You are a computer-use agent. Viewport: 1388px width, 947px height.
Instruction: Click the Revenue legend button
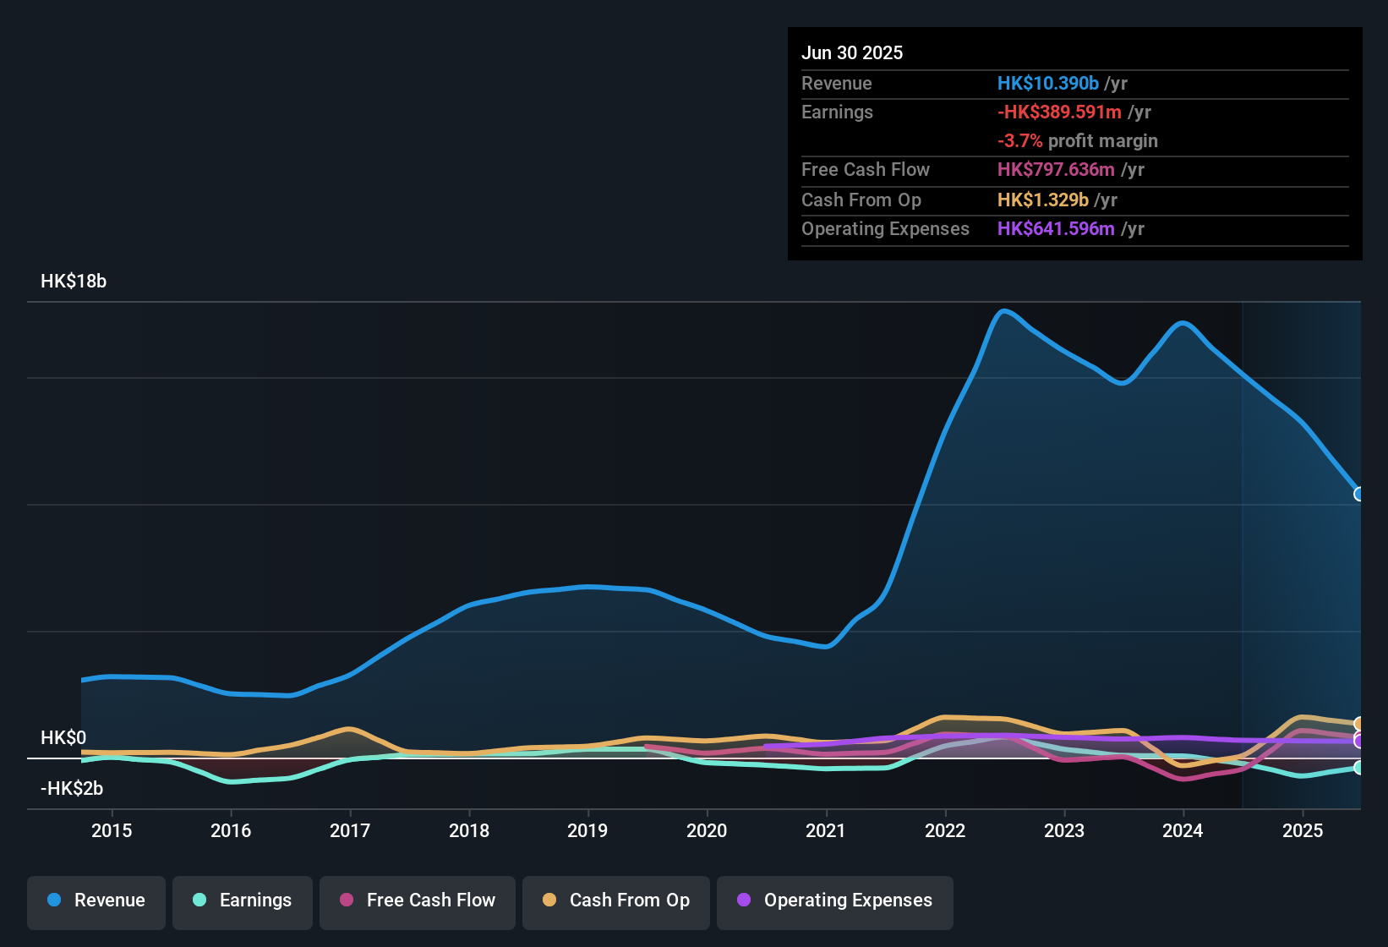[x=96, y=900]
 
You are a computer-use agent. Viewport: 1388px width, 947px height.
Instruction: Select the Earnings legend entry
[x=243, y=900]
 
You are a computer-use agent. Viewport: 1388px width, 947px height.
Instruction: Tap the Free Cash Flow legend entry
[x=418, y=900]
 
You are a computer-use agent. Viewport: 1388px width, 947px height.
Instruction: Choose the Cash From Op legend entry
[x=616, y=900]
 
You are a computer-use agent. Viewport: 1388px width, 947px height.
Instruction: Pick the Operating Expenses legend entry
[x=835, y=900]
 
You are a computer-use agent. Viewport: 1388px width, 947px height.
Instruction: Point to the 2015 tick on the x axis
[x=112, y=830]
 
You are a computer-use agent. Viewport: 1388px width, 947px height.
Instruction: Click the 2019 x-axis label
[x=587, y=830]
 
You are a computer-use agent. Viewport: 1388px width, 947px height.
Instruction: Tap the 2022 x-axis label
[x=945, y=830]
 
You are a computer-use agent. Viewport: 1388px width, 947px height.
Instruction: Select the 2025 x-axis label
[x=1303, y=830]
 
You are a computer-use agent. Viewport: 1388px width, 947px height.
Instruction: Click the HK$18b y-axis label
[x=74, y=282]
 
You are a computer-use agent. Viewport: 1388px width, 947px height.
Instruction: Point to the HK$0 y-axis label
[x=63, y=737]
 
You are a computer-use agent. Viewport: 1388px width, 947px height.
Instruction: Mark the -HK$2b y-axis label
[x=72, y=788]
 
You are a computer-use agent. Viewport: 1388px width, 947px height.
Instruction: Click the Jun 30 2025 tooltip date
[x=852, y=52]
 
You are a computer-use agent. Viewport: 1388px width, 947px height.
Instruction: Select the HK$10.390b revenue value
[x=1047, y=83]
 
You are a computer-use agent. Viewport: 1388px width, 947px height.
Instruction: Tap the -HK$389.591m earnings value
[x=1059, y=112]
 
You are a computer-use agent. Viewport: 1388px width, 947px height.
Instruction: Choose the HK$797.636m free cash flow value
[x=1056, y=169]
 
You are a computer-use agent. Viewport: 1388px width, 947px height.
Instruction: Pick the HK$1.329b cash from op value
[x=1042, y=200]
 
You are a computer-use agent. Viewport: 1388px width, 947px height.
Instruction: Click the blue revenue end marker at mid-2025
[x=1358, y=494]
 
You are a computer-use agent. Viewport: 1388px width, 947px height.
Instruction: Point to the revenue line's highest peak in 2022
[x=1004, y=310]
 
